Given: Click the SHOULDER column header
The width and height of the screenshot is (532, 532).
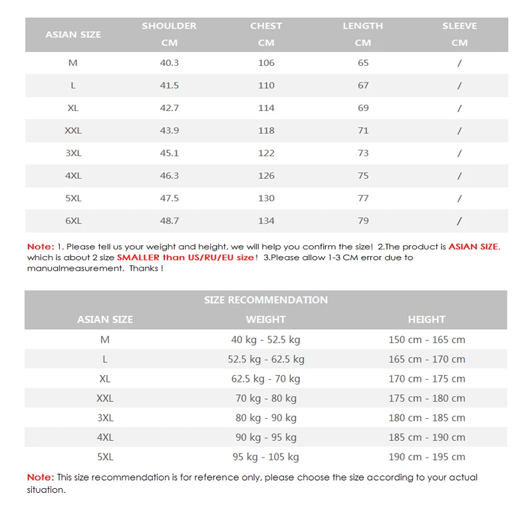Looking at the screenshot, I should [x=169, y=26].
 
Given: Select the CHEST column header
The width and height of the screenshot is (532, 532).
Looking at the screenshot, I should [x=266, y=26].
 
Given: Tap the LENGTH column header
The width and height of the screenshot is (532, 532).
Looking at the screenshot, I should [x=362, y=26].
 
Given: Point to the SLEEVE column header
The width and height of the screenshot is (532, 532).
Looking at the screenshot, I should [x=460, y=26].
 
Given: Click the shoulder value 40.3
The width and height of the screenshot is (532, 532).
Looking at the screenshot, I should [x=169, y=63].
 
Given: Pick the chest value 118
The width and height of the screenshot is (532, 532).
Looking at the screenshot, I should [x=266, y=131].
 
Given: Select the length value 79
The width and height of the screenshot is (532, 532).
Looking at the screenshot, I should [x=363, y=221].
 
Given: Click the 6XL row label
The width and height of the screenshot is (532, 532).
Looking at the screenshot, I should [x=73, y=221].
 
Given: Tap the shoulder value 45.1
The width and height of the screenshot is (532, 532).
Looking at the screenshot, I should [x=169, y=153].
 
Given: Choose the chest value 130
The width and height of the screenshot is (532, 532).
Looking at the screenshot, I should [x=266, y=198].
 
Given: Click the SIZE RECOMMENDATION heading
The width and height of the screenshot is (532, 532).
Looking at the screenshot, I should [x=266, y=300].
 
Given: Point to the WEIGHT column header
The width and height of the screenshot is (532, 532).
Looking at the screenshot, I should [x=265, y=320].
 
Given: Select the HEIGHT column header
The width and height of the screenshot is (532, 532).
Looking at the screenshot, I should [x=426, y=320].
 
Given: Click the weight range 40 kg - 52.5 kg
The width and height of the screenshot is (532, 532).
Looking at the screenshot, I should [x=265, y=340].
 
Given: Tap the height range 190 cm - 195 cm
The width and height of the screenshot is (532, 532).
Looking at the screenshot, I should [x=426, y=457].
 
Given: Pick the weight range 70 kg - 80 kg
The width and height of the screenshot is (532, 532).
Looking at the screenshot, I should [x=265, y=398].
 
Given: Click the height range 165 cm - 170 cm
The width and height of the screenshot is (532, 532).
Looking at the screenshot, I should [x=426, y=359].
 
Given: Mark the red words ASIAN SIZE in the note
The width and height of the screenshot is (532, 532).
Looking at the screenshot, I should [x=473, y=247].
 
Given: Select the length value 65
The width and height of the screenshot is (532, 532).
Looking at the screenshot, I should [x=363, y=63].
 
